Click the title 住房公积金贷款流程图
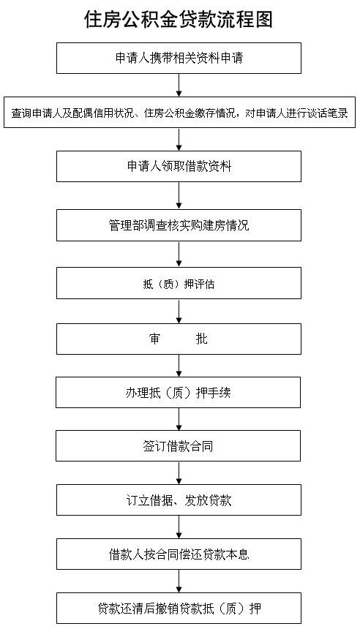click(179, 19)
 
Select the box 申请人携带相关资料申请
click(179, 59)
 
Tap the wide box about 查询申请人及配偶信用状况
click(179, 113)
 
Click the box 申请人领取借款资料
click(179, 167)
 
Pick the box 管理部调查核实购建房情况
click(179, 225)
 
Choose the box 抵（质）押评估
click(179, 283)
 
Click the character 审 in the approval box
click(154, 339)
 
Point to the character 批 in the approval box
click(201, 339)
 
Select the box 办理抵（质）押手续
click(179, 392)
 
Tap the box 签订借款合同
click(179, 445)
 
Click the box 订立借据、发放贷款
click(179, 500)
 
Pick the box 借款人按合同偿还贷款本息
click(179, 554)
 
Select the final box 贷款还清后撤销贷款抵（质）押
click(179, 609)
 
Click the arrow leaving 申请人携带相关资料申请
click(179, 85)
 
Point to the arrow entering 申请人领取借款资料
click(179, 139)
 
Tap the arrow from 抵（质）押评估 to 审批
click(179, 312)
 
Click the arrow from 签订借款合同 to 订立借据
click(179, 473)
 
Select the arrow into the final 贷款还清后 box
click(179, 581)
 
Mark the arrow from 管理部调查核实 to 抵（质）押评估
click(179, 255)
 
